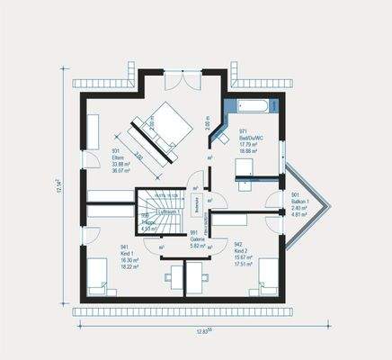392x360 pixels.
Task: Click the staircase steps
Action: [x=153, y=216]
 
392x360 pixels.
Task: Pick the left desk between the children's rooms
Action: [x=173, y=275]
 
